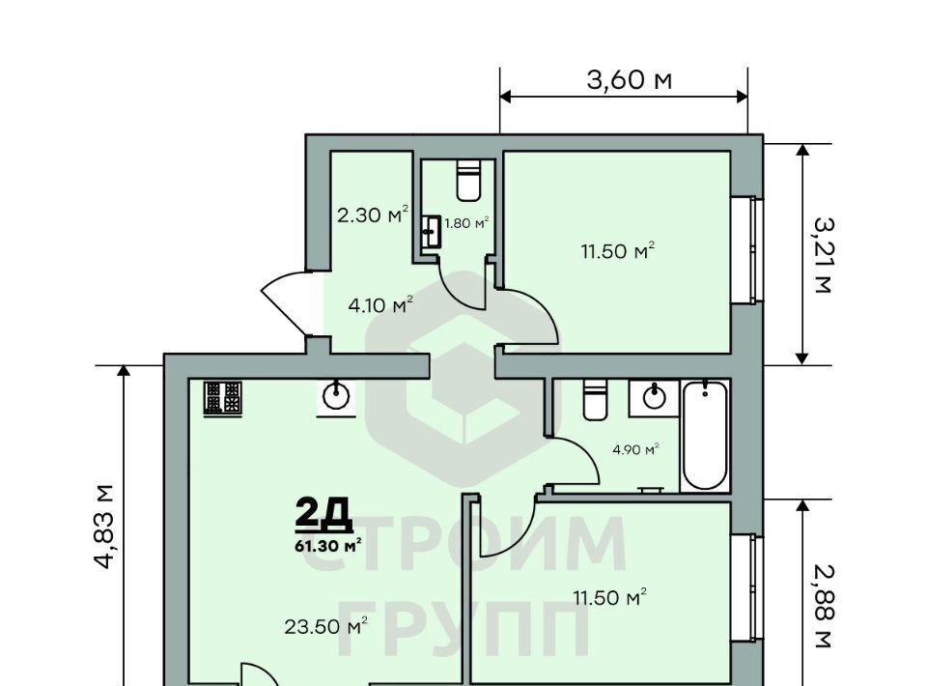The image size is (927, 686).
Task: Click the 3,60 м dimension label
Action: (629, 80)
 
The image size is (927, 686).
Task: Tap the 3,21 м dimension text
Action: (823, 255)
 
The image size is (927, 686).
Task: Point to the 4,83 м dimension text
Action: (104, 527)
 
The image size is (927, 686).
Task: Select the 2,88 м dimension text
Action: (823, 606)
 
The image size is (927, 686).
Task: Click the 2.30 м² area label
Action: (373, 214)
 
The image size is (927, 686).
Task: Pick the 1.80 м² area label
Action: (466, 223)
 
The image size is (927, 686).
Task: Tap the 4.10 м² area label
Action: (380, 305)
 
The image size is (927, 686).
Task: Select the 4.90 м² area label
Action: (635, 449)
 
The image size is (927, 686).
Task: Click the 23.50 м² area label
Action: (326, 626)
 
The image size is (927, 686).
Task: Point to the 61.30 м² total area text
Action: (328, 545)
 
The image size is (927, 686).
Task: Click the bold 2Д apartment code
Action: (324, 513)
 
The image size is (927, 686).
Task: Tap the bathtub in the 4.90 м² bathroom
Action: (705, 436)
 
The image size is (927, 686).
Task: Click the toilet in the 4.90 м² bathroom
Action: (595, 400)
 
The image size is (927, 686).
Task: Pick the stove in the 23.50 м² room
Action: (223, 398)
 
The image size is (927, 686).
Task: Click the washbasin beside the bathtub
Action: (654, 397)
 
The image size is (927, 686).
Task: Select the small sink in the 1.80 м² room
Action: (431, 232)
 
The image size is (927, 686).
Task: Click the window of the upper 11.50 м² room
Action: (746, 250)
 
